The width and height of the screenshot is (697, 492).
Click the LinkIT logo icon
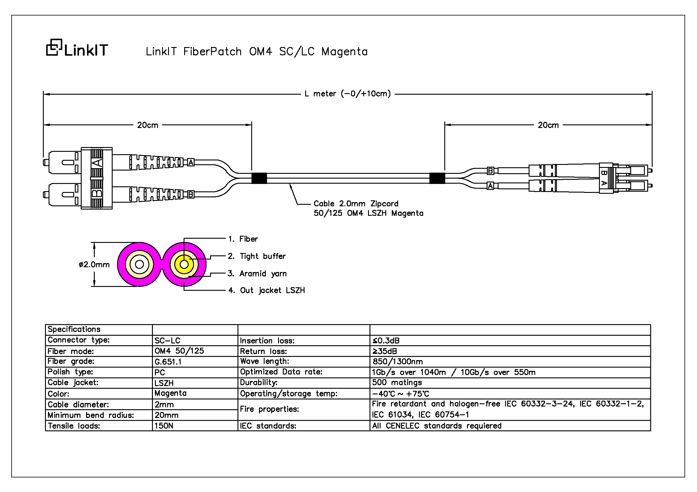pyautogui.click(x=54, y=48)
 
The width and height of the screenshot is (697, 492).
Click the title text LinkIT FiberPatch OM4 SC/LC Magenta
pyautogui.click(x=257, y=52)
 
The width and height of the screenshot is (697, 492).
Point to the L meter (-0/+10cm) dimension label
pyautogui.click(x=347, y=94)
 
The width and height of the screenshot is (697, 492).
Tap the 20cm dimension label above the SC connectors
pyautogui.click(x=148, y=125)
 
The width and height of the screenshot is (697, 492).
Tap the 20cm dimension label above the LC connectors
pyautogui.click(x=548, y=125)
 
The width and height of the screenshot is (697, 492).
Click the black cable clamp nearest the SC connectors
pyautogui.click(x=259, y=178)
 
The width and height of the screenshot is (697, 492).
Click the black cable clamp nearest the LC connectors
pyautogui.click(x=437, y=178)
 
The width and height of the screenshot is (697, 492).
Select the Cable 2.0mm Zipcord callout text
pyautogui.click(x=356, y=204)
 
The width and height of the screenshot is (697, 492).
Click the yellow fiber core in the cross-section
pyautogui.click(x=184, y=264)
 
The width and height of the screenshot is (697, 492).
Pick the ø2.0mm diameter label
pyautogui.click(x=94, y=265)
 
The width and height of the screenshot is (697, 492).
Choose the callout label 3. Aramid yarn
pyautogui.click(x=257, y=274)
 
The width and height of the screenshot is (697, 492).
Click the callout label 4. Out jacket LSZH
pyautogui.click(x=266, y=290)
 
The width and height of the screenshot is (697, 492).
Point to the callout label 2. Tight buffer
pyautogui.click(x=257, y=256)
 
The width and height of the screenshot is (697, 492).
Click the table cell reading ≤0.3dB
pyautogui.click(x=386, y=341)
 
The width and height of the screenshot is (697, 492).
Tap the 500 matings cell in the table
pyautogui.click(x=397, y=382)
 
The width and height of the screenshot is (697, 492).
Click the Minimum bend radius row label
pyautogui.click(x=91, y=415)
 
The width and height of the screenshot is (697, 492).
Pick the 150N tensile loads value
pyautogui.click(x=164, y=426)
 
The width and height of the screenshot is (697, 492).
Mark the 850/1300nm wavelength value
pyautogui.click(x=398, y=362)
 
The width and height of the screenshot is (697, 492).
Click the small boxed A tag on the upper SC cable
pyautogui.click(x=191, y=163)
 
